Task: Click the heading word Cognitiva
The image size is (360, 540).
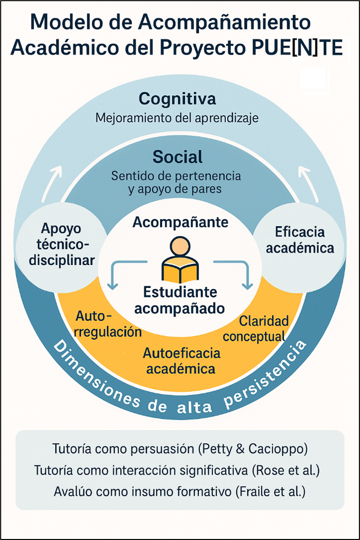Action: tap(178, 99)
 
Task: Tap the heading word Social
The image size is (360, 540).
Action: tap(178, 157)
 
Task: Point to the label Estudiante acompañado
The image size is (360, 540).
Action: tap(180, 299)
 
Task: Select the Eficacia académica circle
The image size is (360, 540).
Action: tap(300, 240)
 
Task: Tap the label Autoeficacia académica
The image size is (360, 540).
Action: tap(181, 361)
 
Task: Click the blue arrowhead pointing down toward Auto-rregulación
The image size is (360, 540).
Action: tap(113, 285)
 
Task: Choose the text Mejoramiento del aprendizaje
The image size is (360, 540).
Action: tap(178, 119)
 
